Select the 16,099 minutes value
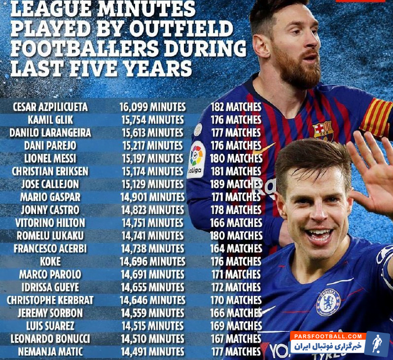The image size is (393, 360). pyautogui.click(x=152, y=107)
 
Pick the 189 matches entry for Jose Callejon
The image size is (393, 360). pyautogui.click(x=236, y=184)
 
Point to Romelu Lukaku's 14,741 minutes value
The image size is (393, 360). pyautogui.click(x=152, y=236)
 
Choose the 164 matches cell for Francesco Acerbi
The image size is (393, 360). pyautogui.click(x=236, y=249)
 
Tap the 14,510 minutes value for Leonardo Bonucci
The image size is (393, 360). pyautogui.click(x=152, y=339)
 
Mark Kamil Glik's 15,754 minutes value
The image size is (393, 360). pyautogui.click(x=152, y=120)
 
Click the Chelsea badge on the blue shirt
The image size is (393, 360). pyautogui.click(x=328, y=302)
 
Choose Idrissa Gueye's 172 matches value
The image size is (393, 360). pyautogui.click(x=236, y=287)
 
